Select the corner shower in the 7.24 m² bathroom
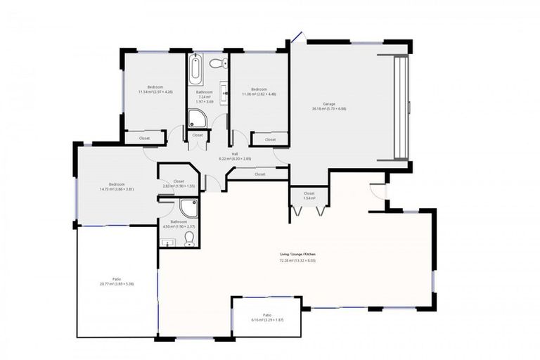pyautogui.click(x=197, y=118)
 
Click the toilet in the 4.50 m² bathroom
pyautogui.click(x=189, y=239)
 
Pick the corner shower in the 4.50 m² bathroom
pyautogui.click(x=188, y=208)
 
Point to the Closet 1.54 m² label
pyautogui.click(x=309, y=195)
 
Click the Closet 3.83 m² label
pyautogui.click(x=179, y=184)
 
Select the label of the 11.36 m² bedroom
pyautogui.click(x=259, y=91)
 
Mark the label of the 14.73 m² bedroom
pyautogui.click(x=117, y=186)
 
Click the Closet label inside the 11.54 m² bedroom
pyautogui.click(x=144, y=139)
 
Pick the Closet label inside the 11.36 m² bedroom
pyautogui.click(x=270, y=140)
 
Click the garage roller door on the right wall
pyautogui.click(x=401, y=107)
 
